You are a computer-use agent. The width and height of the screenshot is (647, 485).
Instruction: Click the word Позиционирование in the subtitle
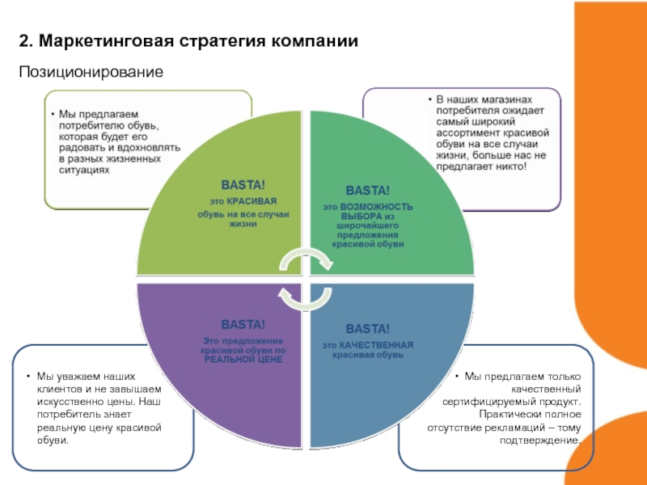[x=91, y=72]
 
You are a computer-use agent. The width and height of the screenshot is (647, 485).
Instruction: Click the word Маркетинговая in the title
[x=106, y=41]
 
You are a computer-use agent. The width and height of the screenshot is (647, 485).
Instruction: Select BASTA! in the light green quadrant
[x=243, y=185]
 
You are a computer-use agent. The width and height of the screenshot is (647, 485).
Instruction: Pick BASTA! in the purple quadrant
[x=243, y=325]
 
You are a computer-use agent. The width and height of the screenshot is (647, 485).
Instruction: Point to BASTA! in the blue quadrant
[x=368, y=329]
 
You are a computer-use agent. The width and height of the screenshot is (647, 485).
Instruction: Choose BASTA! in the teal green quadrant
[x=368, y=191]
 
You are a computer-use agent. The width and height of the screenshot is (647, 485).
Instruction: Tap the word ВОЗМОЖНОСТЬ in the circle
[x=376, y=207]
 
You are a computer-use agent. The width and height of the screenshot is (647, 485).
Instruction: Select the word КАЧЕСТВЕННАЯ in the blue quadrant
[x=376, y=345]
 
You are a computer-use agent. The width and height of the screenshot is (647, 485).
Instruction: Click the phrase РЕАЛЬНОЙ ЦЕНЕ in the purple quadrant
[x=243, y=359]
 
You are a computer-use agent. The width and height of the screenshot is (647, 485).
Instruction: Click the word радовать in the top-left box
[x=79, y=148]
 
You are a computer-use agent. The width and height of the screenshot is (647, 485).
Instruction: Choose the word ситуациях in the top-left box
[x=84, y=170]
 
